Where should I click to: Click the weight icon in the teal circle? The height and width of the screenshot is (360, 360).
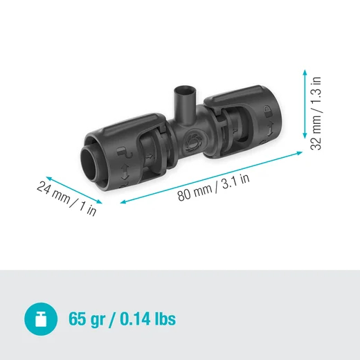(x=40, y=319)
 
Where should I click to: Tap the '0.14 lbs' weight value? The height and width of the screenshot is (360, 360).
(x=147, y=320)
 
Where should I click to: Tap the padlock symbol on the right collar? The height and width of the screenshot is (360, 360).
(x=267, y=109)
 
